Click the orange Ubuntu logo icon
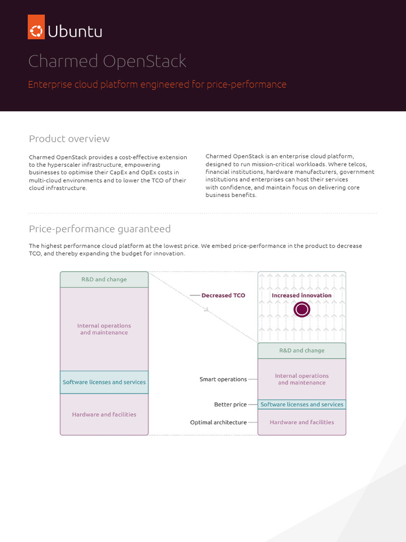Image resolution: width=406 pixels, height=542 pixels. [36, 26]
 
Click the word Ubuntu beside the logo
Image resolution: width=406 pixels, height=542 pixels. [75, 32]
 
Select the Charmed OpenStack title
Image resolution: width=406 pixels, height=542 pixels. [107, 61]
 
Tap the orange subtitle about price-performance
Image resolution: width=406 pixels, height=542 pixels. [157, 84]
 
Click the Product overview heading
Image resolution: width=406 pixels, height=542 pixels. [69, 139]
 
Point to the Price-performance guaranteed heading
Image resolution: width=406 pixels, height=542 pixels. [99, 229]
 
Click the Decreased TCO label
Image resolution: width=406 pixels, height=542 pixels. [223, 295]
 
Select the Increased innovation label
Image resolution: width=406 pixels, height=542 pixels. [301, 295]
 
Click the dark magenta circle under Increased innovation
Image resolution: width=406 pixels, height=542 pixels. [302, 310]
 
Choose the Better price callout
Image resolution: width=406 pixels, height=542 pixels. [230, 404]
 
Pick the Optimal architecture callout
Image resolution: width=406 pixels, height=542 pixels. [218, 422]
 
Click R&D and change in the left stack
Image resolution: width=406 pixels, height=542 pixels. [104, 279]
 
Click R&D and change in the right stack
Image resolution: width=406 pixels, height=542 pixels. [302, 350]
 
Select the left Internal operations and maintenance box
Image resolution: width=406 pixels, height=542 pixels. [104, 329]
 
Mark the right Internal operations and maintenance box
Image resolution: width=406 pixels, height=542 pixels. [302, 379]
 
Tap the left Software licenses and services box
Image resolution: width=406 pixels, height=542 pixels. [104, 382]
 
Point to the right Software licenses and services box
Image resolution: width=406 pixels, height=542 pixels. [302, 404]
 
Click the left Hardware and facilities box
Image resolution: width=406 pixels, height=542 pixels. [104, 414]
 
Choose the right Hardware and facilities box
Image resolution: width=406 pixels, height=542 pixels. [302, 422]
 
